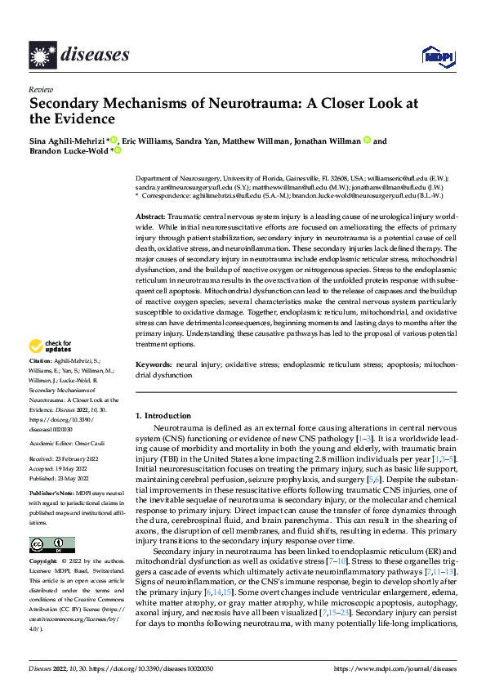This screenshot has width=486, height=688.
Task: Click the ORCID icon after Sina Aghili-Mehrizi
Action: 114,140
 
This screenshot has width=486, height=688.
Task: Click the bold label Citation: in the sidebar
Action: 41,385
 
